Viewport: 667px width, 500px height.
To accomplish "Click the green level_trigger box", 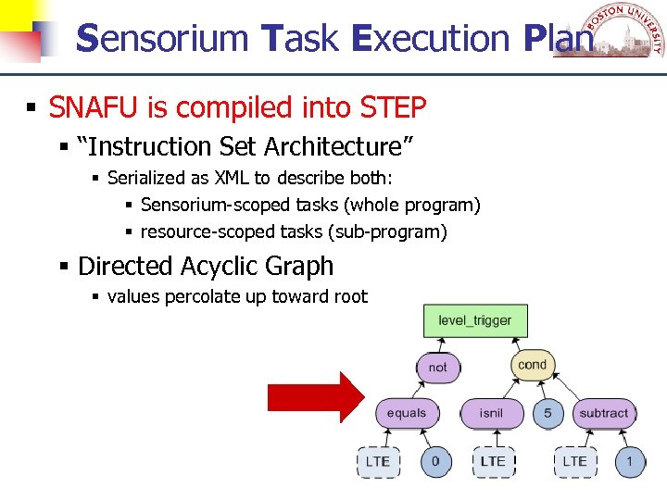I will (x=474, y=320).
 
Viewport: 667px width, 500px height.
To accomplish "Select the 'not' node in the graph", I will (x=437, y=367).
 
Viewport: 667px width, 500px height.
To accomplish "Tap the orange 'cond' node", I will (x=532, y=364).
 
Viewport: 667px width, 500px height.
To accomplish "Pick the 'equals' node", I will (x=407, y=413).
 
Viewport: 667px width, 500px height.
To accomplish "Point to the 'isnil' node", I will (x=491, y=413).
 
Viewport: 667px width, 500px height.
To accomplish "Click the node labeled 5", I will (x=547, y=413).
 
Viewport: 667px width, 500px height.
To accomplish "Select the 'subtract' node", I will (x=603, y=413).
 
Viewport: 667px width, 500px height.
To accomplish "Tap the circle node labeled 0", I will (x=435, y=461).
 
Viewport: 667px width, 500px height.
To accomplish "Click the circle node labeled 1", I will (x=630, y=461).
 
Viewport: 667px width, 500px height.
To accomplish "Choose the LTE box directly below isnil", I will (x=492, y=461).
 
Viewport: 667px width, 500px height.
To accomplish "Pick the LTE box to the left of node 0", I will (x=377, y=461).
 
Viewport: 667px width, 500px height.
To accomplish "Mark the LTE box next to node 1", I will (x=574, y=461).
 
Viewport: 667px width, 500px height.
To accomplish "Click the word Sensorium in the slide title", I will (x=162, y=38).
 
